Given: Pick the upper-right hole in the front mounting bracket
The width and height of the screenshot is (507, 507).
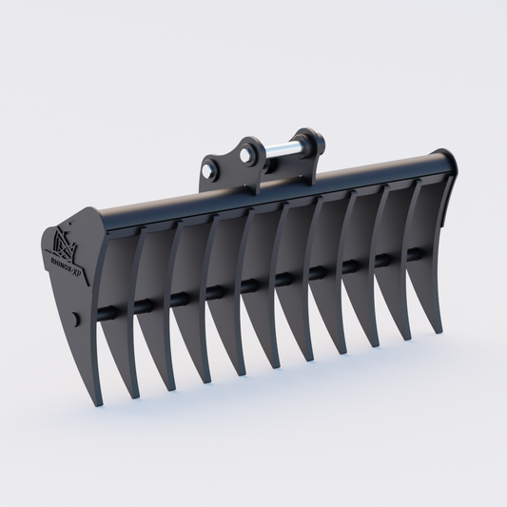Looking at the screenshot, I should pos(249,152).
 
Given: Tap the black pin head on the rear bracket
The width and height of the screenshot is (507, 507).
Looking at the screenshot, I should pos(311,144).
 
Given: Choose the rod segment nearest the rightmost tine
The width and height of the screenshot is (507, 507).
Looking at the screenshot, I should pos(417,255).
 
